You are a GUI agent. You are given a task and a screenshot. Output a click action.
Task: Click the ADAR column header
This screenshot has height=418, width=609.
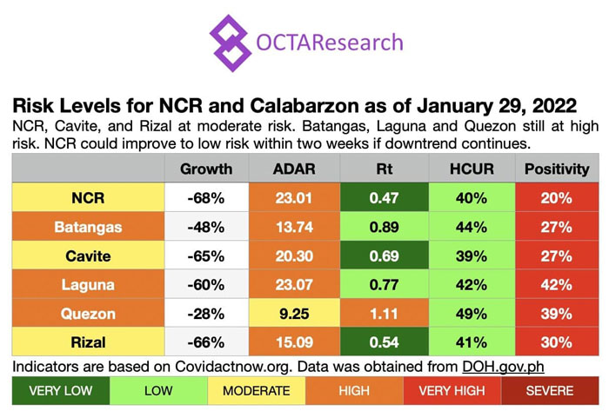click(294, 169)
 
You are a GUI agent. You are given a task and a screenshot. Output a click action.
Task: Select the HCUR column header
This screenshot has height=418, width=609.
click(472, 169)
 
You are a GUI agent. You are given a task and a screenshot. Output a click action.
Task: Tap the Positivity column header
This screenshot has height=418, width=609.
click(556, 169)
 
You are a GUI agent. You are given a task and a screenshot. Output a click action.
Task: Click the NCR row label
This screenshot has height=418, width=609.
click(88, 198)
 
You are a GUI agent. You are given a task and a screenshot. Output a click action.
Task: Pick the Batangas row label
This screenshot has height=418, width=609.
click(88, 227)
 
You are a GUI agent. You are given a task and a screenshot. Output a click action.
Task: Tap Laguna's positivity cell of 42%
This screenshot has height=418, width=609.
click(556, 283)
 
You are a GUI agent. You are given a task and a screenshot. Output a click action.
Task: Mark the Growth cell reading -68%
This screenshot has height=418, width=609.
click(206, 198)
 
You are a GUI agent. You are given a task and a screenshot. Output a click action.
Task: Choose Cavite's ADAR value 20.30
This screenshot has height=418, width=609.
click(294, 255)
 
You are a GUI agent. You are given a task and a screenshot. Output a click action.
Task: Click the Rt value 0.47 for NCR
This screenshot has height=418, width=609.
click(383, 198)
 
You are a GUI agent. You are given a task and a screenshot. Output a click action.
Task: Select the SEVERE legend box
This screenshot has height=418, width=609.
click(550, 390)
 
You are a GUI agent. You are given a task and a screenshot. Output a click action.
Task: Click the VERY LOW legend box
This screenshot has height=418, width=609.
click(61, 390)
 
